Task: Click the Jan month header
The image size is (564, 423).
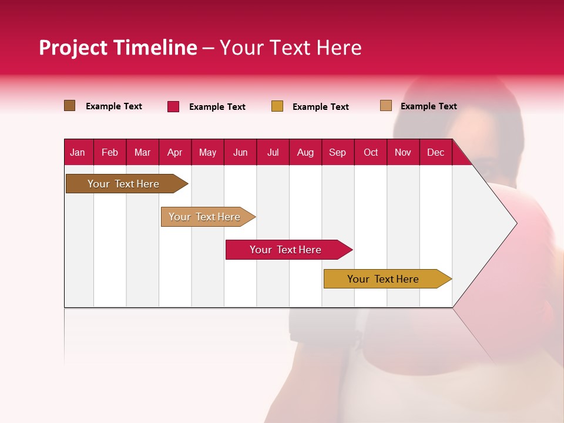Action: (x=78, y=152)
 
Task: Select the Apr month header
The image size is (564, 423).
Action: (x=174, y=152)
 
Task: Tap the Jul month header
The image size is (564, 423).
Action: (x=273, y=152)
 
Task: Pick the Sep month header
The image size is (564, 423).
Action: (x=337, y=152)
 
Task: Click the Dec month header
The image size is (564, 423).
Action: (x=435, y=152)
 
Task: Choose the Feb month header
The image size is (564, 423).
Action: (x=110, y=152)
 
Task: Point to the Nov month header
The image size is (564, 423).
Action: (x=402, y=152)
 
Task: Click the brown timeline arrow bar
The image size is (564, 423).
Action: (x=123, y=184)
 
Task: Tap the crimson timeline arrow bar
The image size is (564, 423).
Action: (x=286, y=250)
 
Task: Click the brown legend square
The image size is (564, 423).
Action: (x=70, y=106)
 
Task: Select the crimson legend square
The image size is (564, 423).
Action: (x=173, y=106)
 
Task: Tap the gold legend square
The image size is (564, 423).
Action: (x=277, y=106)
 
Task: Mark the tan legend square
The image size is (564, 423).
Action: (x=386, y=106)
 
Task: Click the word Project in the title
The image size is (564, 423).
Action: (x=73, y=48)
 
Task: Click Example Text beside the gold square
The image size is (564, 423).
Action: (x=320, y=107)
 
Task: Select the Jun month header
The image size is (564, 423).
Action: (x=240, y=152)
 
